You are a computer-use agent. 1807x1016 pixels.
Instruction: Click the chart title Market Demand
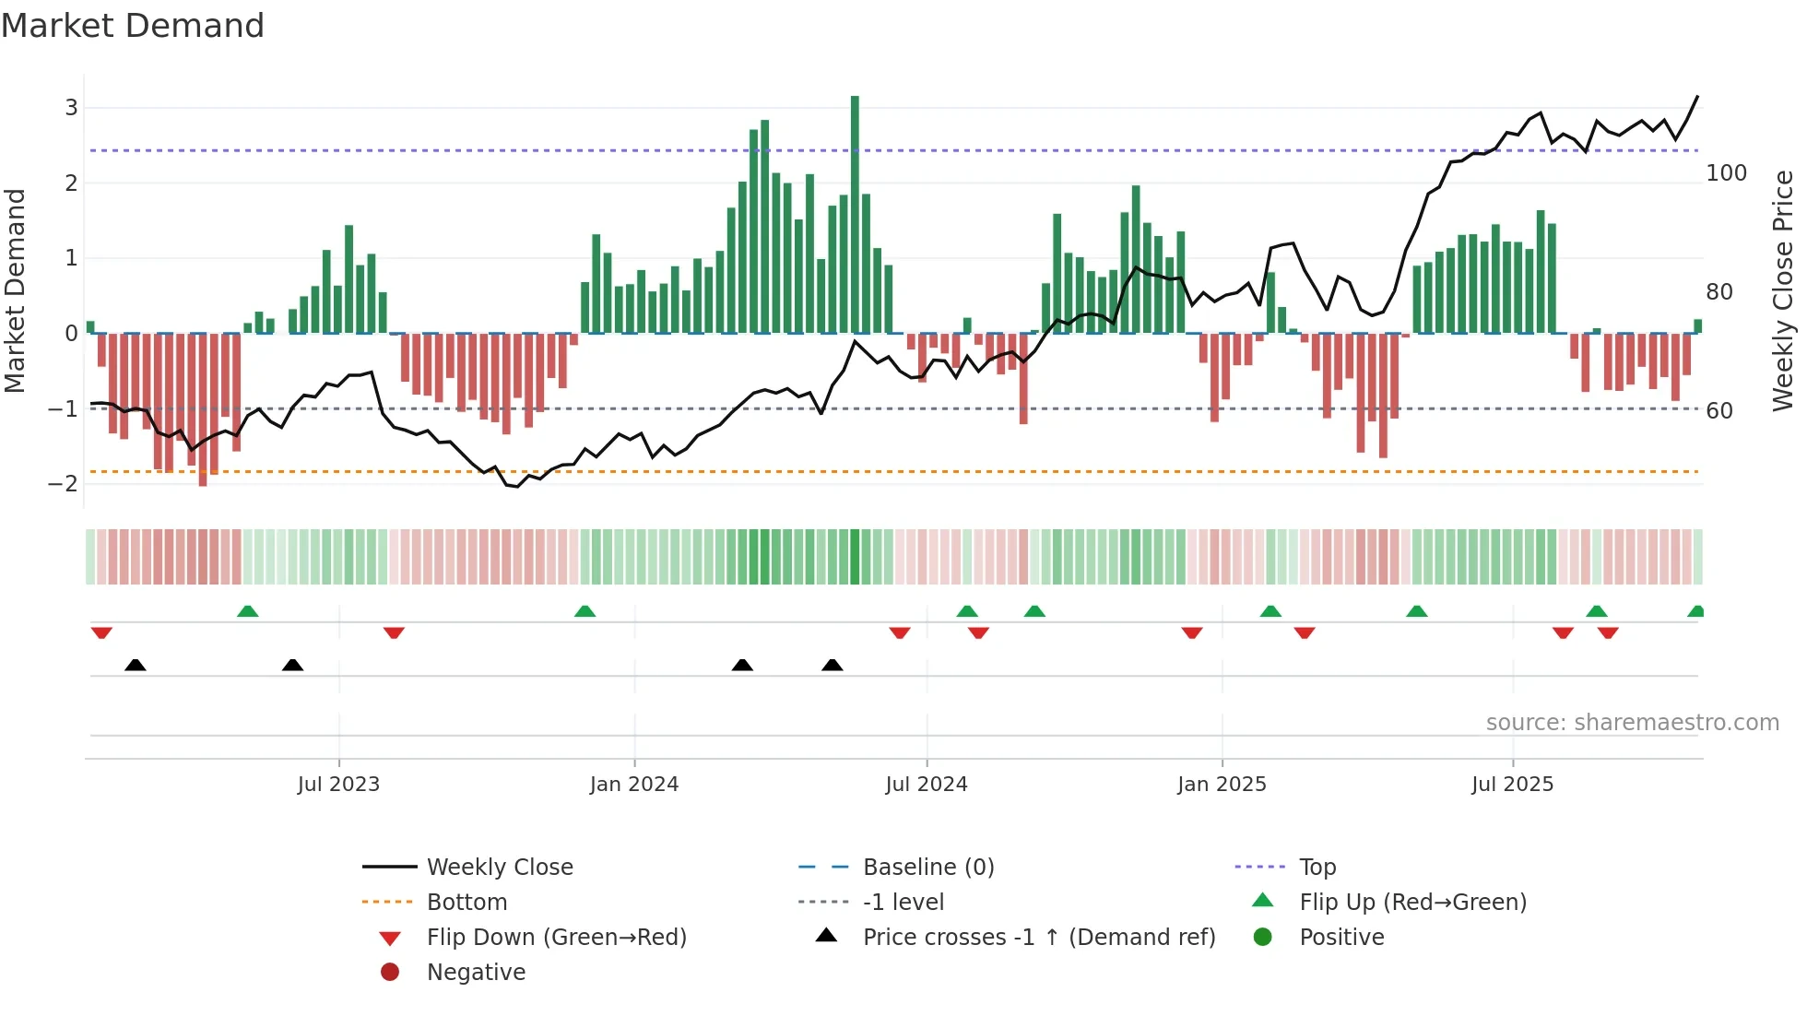[x=133, y=26]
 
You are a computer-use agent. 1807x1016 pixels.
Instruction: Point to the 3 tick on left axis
[x=71, y=108]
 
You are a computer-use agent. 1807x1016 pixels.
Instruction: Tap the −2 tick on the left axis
[x=64, y=484]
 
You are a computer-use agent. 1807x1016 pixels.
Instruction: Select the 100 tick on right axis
[x=1726, y=173]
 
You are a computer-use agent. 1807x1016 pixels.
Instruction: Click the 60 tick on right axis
[x=1719, y=411]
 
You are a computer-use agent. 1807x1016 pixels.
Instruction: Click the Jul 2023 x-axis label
[x=338, y=785]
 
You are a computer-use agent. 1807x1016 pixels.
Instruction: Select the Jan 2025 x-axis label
[x=1222, y=785]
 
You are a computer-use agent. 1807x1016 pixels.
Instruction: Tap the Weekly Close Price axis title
[x=1783, y=290]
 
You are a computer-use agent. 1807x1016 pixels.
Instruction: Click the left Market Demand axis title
[x=15, y=290]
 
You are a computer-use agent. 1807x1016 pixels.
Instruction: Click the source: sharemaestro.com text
[x=1632, y=723]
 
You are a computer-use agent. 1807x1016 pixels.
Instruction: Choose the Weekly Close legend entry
[x=499, y=868]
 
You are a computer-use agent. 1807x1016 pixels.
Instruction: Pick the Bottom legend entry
[x=467, y=903]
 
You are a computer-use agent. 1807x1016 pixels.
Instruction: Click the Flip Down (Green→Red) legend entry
[x=556, y=938]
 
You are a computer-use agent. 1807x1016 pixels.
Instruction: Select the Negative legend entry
[x=476, y=973]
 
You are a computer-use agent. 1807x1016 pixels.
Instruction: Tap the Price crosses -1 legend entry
[x=1038, y=938]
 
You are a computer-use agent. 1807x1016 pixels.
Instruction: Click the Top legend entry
[x=1317, y=868]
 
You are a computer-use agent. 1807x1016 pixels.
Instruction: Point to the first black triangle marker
[x=136, y=665]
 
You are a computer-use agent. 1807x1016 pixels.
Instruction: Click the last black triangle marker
[x=833, y=665]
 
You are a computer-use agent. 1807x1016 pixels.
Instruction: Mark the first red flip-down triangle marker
[x=101, y=632]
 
